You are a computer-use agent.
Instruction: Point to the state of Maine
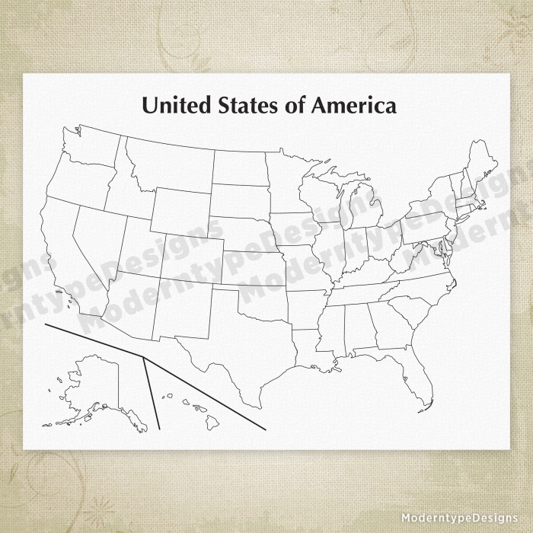click(x=480, y=164)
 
